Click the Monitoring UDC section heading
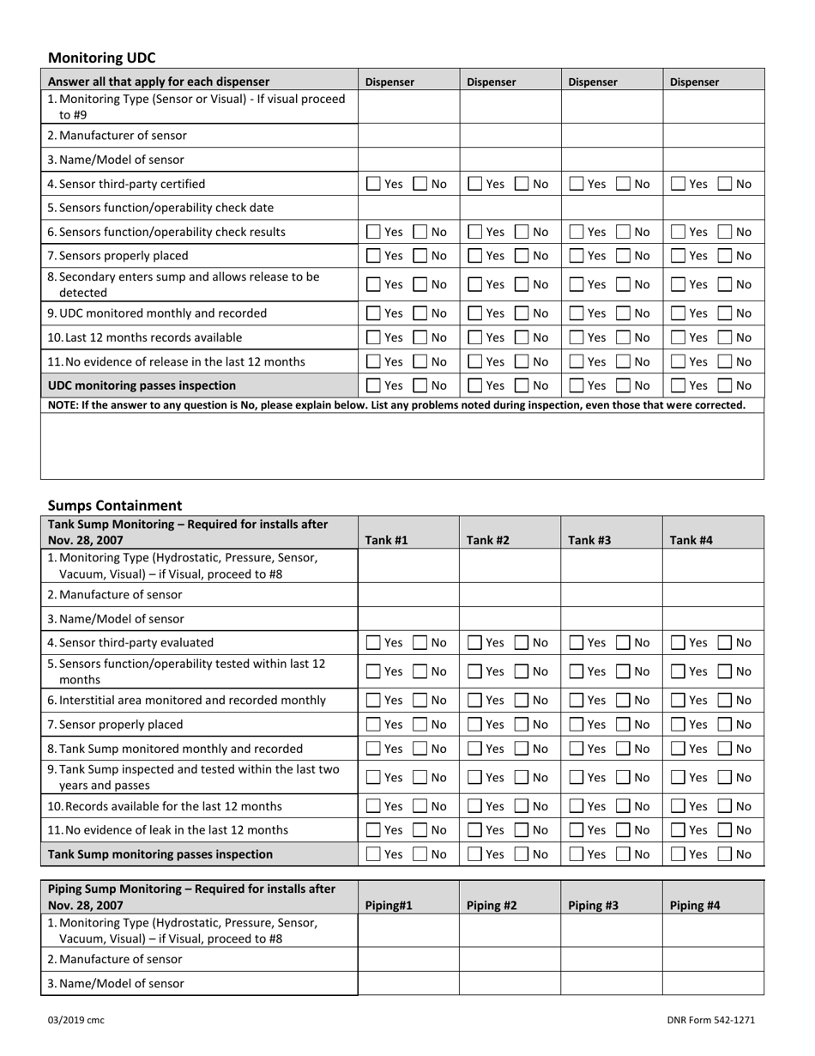pyautogui.click(x=102, y=58)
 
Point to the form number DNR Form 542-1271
pyautogui.click(x=710, y=1020)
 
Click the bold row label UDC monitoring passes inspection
pyautogui.click(x=142, y=385)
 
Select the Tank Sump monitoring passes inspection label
pyautogui.click(x=160, y=854)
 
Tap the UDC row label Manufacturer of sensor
pyautogui.click(x=118, y=136)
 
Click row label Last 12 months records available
pyautogui.click(x=145, y=337)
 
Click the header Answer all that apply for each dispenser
pyautogui.click(x=159, y=82)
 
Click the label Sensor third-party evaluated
pyautogui.click(x=130, y=642)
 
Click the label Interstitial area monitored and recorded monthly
pyautogui.click(x=186, y=701)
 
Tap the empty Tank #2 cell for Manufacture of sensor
pyautogui.click(x=510, y=592)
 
